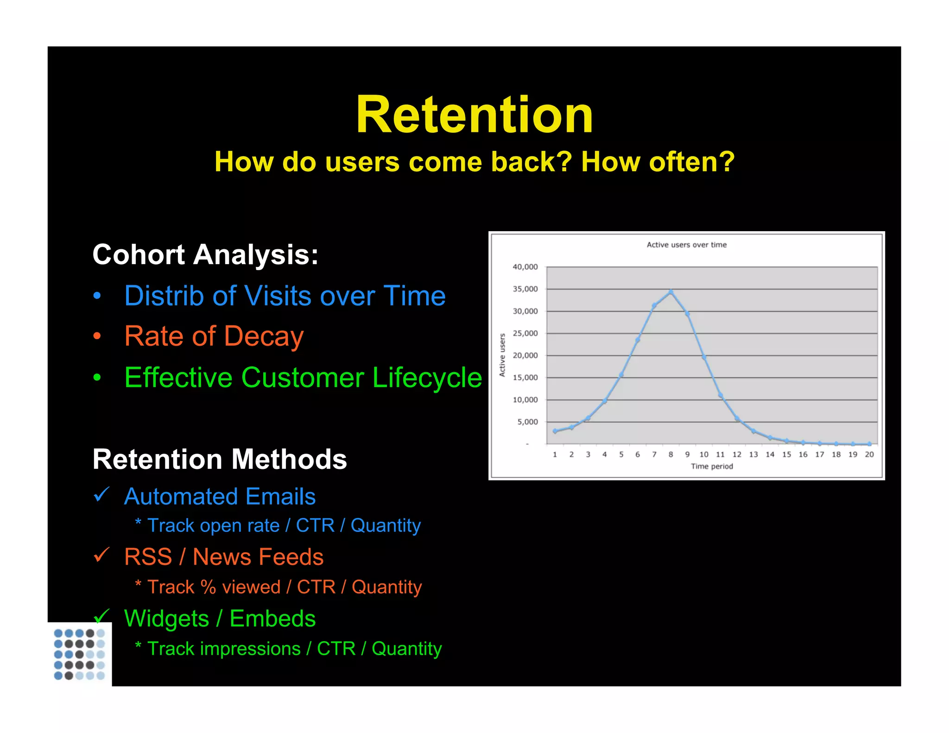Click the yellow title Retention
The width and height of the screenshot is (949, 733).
click(x=474, y=115)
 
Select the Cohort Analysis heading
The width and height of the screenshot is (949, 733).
click(x=205, y=255)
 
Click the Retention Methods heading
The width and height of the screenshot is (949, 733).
click(x=220, y=460)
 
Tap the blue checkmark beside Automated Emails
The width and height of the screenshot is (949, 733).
click(x=101, y=495)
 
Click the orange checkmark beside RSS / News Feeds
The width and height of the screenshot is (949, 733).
click(x=101, y=555)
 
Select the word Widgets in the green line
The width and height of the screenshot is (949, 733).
click(x=166, y=619)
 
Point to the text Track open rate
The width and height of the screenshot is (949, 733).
click(x=213, y=526)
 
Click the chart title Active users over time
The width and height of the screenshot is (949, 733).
click(x=686, y=245)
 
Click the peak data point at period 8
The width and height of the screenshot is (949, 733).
click(x=671, y=292)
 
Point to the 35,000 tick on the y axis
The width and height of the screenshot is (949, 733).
click(x=525, y=289)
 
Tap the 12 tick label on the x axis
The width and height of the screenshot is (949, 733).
click(x=737, y=455)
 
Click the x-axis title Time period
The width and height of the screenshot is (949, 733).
click(x=712, y=467)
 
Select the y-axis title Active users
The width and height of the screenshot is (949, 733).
click(x=502, y=355)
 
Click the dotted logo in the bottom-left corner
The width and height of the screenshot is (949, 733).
click(x=79, y=654)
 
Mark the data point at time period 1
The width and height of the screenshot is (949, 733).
click(x=555, y=431)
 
